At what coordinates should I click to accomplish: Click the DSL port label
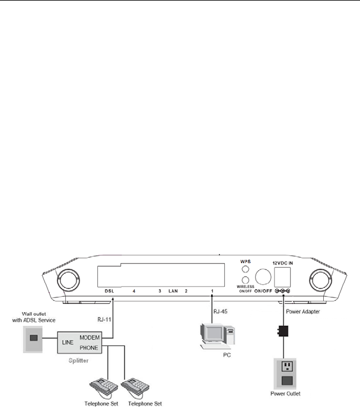[x=109, y=291]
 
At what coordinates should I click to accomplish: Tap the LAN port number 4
[x=134, y=291]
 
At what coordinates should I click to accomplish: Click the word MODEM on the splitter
[x=89, y=337]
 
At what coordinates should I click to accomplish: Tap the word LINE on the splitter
[x=66, y=342]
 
